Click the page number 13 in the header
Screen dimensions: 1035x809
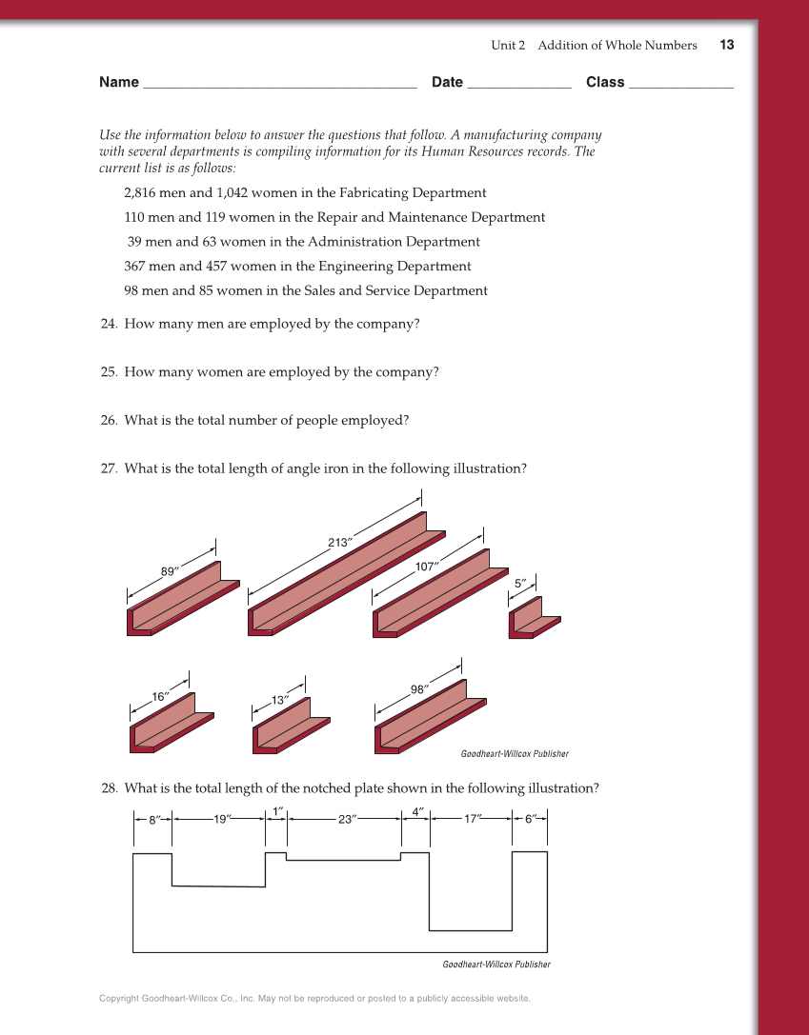(x=727, y=45)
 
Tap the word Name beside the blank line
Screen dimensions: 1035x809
(x=119, y=82)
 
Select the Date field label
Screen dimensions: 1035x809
(x=447, y=82)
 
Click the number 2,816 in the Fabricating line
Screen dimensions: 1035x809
(x=144, y=192)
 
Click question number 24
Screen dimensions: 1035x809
(x=109, y=324)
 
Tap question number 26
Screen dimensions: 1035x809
(x=109, y=421)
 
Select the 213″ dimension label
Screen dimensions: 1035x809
(x=340, y=543)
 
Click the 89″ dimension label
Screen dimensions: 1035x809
(x=170, y=571)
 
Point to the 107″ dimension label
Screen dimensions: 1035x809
(x=427, y=567)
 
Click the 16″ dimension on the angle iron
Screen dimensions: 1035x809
(x=160, y=696)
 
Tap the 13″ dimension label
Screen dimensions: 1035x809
(x=280, y=700)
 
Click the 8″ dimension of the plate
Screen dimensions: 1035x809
(x=153, y=819)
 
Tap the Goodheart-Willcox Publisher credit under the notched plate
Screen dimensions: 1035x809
(x=496, y=965)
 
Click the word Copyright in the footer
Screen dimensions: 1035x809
(x=119, y=999)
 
